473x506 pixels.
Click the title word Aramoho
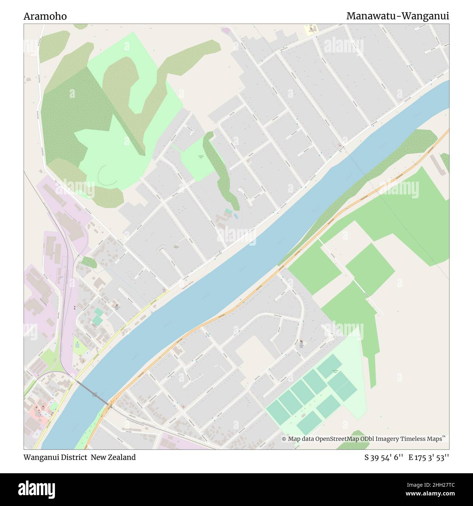coord(45,16)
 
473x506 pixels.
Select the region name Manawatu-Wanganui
coord(397,16)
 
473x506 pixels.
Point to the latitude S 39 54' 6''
coord(383,458)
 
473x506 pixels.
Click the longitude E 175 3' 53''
coord(429,458)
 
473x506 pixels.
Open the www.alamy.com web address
coord(430,494)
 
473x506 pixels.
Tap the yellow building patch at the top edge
coord(311,29)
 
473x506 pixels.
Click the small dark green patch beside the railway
coord(89,262)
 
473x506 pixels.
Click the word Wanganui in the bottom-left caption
coord(40,457)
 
